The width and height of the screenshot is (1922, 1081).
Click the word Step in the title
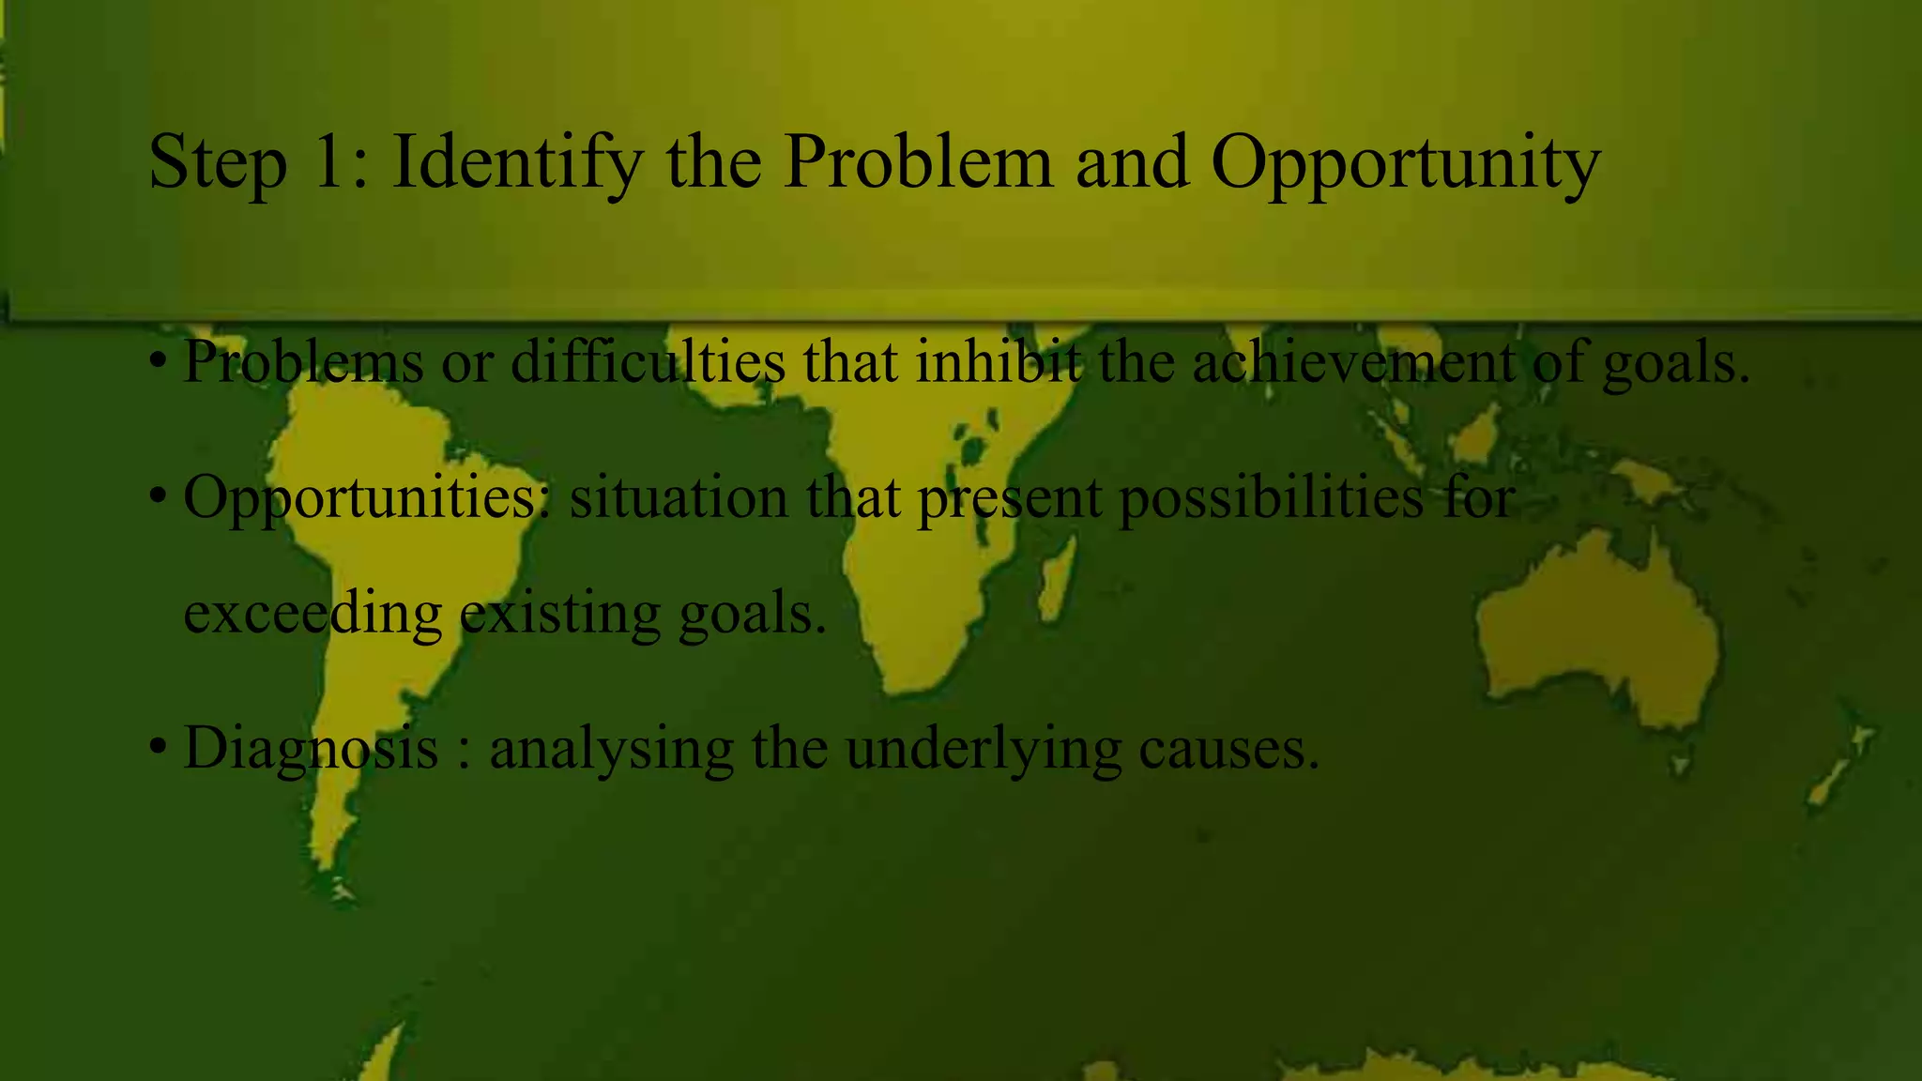pyautogui.click(x=217, y=163)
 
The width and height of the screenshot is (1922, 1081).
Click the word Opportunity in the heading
pyautogui.click(x=1405, y=163)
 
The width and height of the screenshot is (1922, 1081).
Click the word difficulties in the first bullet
pyautogui.click(x=648, y=361)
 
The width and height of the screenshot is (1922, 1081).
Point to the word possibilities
pyautogui.click(x=1272, y=497)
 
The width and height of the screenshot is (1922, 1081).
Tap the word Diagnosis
pyautogui.click(x=311, y=749)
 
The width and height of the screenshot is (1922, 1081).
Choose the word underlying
pyautogui.click(x=984, y=749)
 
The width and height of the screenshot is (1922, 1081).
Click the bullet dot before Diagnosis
pyautogui.click(x=158, y=748)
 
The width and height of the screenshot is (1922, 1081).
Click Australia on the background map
pyautogui.click(x=1595, y=629)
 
